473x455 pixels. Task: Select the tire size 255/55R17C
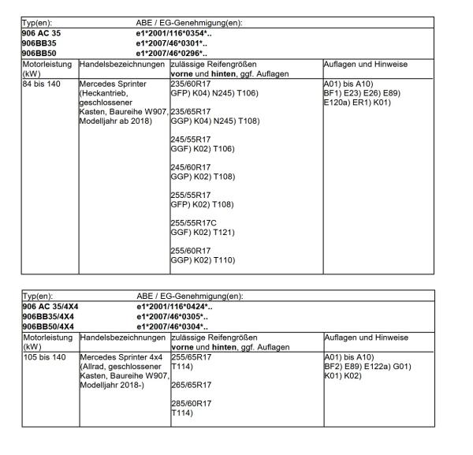(192, 222)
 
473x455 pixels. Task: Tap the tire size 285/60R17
(190, 404)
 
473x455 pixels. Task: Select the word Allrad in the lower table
(95, 365)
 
